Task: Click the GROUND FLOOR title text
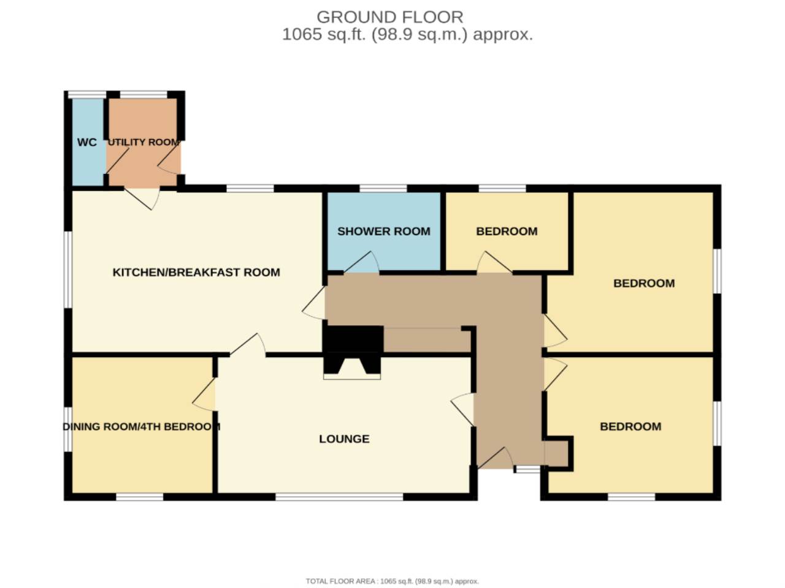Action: click(x=389, y=17)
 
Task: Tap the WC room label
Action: click(x=86, y=142)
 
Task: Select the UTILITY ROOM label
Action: click(x=144, y=142)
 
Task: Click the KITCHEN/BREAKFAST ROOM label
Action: click(x=196, y=272)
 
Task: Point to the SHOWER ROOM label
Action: click(x=383, y=231)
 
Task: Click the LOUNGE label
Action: click(x=344, y=439)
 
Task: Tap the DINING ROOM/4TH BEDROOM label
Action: click(x=141, y=426)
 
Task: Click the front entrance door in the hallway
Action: click(x=496, y=458)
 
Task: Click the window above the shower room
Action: click(x=383, y=188)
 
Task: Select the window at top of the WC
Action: click(x=86, y=94)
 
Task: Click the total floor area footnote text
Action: click(x=392, y=581)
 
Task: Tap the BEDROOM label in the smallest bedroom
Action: click(x=507, y=231)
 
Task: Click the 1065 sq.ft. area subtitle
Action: click(x=407, y=34)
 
